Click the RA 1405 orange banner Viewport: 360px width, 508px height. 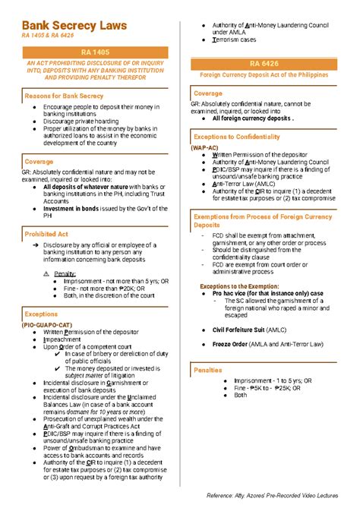point(96,50)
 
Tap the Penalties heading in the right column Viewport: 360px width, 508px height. point(208,370)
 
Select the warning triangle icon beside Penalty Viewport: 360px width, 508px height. point(46,273)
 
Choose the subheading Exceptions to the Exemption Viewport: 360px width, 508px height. point(241,286)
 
